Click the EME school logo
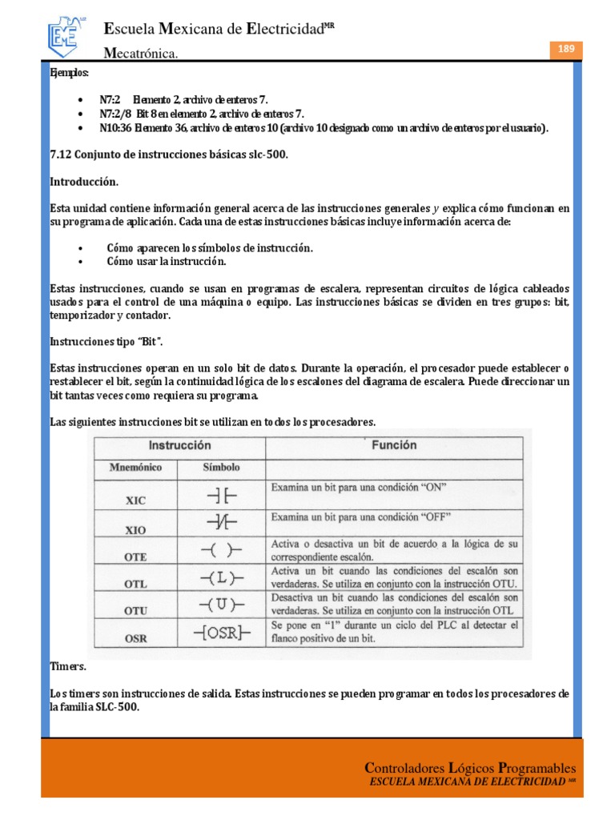(x=68, y=33)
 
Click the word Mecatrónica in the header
(x=141, y=53)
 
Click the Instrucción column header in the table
(x=179, y=444)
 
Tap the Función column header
(x=393, y=444)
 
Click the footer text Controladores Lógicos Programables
(x=469, y=768)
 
